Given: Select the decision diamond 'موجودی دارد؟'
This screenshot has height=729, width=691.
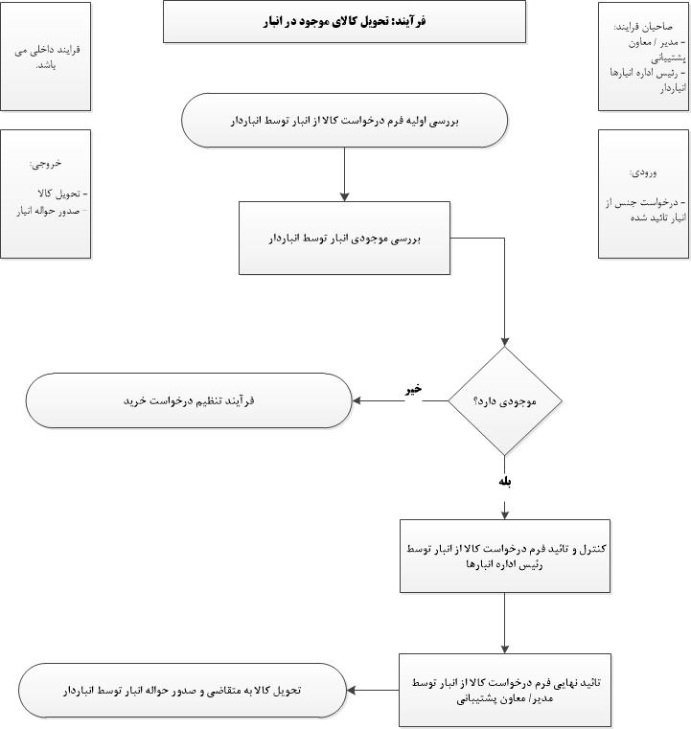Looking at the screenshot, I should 505,400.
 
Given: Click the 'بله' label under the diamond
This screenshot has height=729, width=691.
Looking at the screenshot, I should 505,482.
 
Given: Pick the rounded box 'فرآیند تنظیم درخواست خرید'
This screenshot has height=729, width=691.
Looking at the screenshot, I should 189,400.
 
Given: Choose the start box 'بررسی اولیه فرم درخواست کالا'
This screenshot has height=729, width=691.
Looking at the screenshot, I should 345,121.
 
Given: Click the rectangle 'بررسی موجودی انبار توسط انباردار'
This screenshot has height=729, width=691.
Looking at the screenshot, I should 344,236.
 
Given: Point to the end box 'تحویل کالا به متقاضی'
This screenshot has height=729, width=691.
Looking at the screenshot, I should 183,690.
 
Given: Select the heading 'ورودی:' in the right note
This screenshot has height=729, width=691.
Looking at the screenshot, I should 643,172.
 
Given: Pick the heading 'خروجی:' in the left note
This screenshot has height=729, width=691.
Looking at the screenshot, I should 46,163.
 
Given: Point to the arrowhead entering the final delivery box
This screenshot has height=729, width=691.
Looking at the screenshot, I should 351,690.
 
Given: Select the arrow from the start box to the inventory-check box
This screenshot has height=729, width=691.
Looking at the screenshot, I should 344,174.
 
